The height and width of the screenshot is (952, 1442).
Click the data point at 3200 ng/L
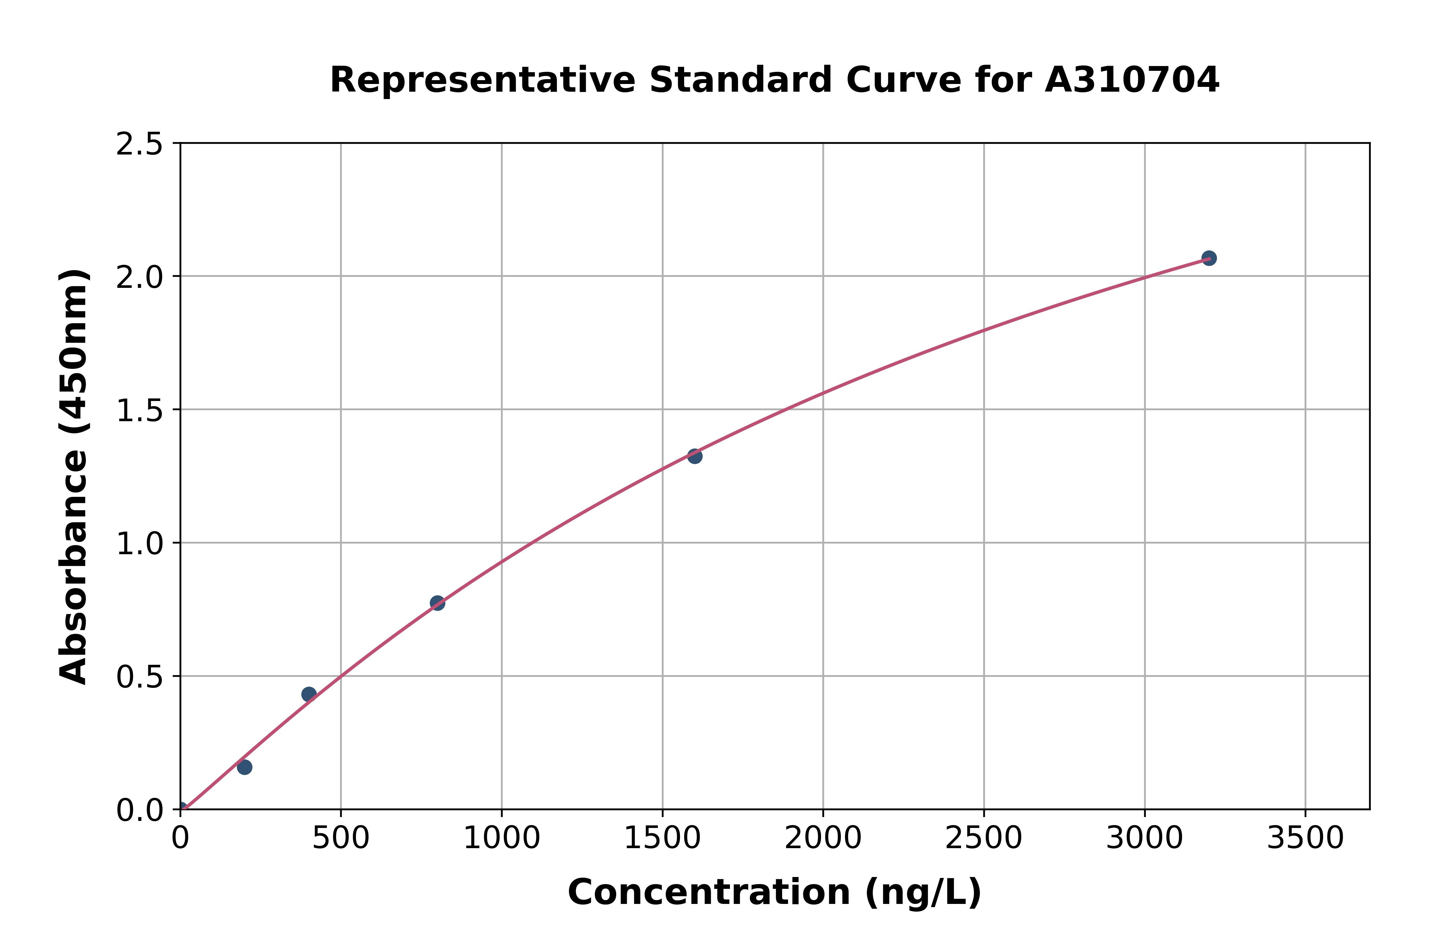pos(1208,258)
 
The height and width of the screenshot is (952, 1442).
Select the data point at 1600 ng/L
pos(694,456)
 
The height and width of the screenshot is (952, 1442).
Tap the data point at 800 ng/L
pos(437,603)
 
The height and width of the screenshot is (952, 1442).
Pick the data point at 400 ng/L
pos(308,694)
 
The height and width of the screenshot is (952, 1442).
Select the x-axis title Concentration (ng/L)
pos(775,892)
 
